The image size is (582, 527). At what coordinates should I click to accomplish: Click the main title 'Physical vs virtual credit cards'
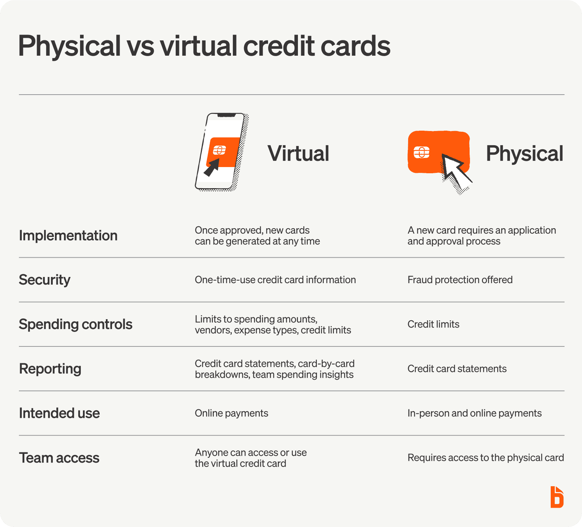(204, 46)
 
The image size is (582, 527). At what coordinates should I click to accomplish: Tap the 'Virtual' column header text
(298, 153)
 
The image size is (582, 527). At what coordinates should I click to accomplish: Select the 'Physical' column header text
(525, 153)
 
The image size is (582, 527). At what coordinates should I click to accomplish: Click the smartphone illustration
(222, 152)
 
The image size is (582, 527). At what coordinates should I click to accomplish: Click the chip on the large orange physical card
(422, 152)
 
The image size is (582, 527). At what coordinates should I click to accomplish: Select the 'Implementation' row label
(68, 235)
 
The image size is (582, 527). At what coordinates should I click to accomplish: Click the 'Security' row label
(44, 280)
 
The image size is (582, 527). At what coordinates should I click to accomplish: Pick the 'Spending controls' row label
(76, 324)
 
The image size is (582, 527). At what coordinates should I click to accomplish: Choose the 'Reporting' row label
(50, 369)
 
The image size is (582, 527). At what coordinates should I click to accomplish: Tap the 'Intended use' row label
(59, 413)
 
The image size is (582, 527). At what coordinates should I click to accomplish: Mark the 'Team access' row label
(59, 458)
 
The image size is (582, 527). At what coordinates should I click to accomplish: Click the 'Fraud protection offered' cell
(460, 280)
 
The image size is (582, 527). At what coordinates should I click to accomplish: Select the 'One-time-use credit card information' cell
(275, 280)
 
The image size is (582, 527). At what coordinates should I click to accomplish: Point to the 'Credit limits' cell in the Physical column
(433, 324)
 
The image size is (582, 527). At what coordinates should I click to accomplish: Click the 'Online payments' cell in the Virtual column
(231, 413)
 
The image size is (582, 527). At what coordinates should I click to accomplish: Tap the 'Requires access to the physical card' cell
(486, 457)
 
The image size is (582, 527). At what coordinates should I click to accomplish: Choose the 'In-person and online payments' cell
(474, 413)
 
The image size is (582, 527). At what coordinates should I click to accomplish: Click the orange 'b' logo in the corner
(557, 497)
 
